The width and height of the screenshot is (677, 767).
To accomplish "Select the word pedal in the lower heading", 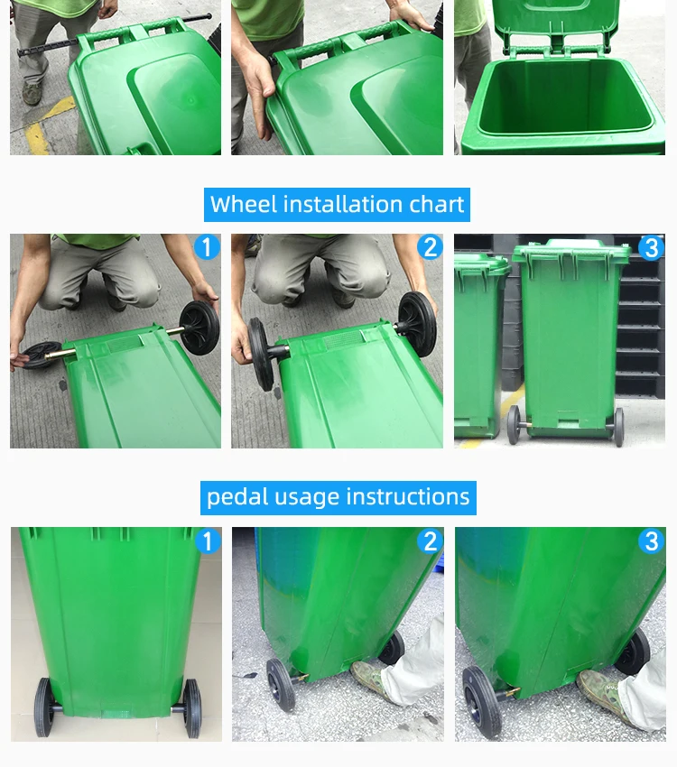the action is click(x=236, y=498).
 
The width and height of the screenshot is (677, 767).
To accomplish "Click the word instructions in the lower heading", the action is click(x=408, y=497).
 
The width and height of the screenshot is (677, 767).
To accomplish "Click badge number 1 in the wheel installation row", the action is click(x=207, y=246).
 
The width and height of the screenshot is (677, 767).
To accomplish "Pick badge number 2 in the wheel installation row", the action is click(x=430, y=246).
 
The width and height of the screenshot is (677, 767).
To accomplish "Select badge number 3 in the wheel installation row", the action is click(x=652, y=247).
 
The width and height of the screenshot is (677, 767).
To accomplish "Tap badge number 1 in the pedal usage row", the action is click(x=208, y=541).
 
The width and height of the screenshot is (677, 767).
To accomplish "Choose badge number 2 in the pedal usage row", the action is click(x=430, y=541).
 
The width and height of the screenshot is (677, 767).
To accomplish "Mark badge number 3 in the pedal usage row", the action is click(x=652, y=541).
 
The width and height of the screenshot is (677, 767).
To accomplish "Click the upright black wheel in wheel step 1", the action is click(x=199, y=328).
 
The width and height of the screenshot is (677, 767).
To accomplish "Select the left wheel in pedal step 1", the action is click(x=43, y=707).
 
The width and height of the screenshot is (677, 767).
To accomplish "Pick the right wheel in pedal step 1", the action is click(x=191, y=707).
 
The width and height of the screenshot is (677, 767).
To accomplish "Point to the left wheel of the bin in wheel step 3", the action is click(x=513, y=425).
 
